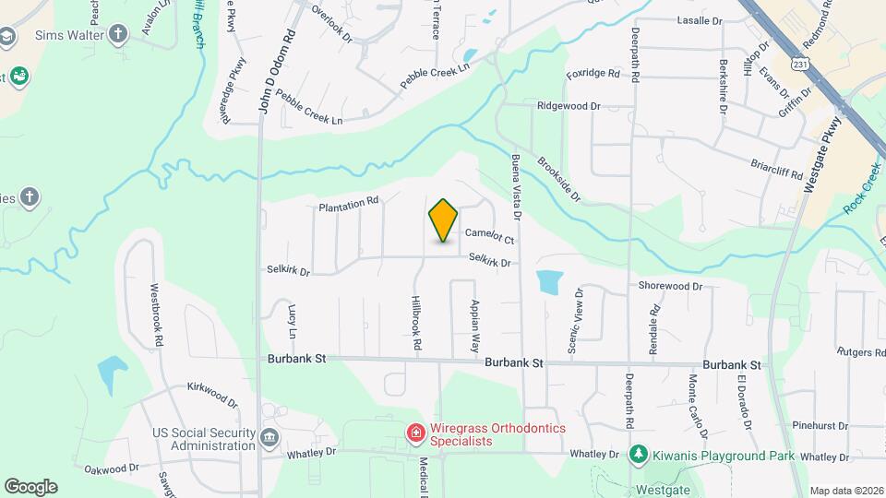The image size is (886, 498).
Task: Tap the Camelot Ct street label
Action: point(488,237)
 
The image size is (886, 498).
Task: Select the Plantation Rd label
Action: point(349,204)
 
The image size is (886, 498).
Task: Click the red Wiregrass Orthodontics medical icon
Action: point(415,432)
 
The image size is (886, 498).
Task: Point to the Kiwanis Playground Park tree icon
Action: point(637,454)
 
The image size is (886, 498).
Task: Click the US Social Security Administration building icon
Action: point(269,437)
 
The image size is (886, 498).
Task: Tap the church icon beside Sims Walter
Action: point(117,35)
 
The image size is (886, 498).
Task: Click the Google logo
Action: point(30,486)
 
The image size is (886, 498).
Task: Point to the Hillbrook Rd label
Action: point(417,322)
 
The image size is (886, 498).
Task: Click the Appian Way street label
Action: point(475,326)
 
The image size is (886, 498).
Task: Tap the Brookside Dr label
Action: point(559,178)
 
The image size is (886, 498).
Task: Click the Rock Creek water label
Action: point(863,189)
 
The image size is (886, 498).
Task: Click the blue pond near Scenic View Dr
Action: point(548,281)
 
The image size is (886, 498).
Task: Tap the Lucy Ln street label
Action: point(293,319)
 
